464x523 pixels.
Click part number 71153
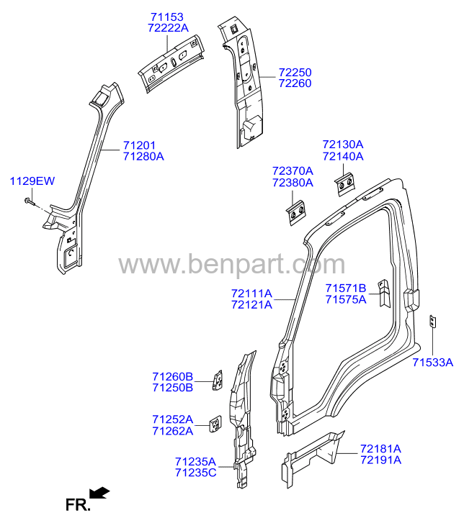coord(167,17)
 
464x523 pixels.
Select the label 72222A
coord(168,27)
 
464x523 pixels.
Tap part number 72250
coord(295,72)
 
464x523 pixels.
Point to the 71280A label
coord(143,156)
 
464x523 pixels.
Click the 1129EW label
coord(32,181)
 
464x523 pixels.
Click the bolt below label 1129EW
coord(30,201)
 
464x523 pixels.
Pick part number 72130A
coord(343,144)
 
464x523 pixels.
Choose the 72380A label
coord(293,183)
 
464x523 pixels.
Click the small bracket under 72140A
coord(344,184)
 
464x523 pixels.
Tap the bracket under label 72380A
coord(296,212)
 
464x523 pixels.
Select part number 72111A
coord(251,294)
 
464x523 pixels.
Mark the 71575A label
coord(346,299)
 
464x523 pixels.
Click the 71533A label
coord(432,362)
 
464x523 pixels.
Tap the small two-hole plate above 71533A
coord(432,322)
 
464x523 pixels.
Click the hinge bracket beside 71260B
coord(218,381)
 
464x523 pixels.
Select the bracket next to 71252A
coord(215,424)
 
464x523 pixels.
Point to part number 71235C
coord(196,473)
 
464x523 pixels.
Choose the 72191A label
coord(381,460)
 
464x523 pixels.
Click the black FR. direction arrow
coord(99,493)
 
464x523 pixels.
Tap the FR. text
coord(78,505)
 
